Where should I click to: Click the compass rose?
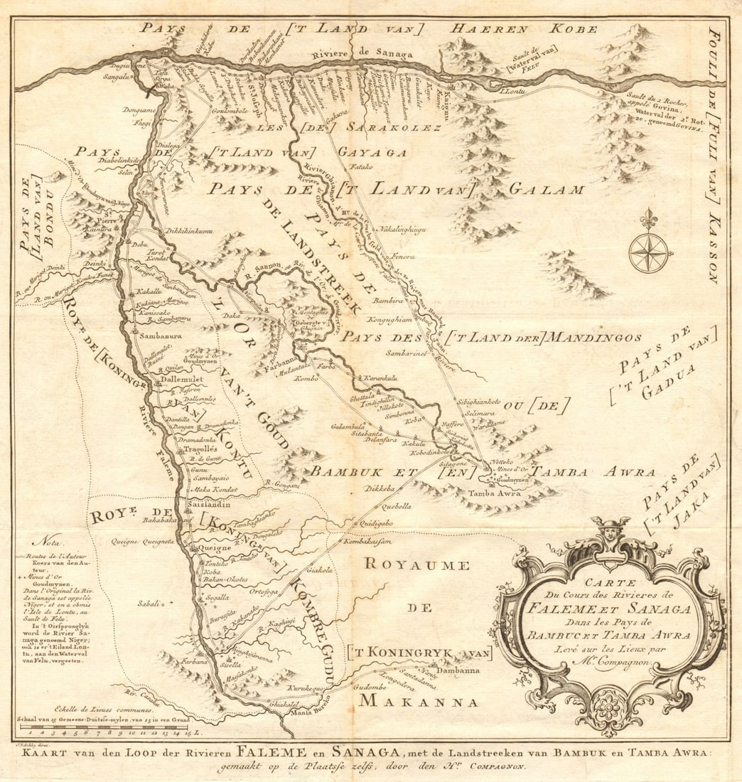[648, 253]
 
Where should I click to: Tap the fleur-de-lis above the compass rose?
[647, 220]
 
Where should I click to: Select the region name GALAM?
[547, 190]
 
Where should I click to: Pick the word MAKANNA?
[418, 702]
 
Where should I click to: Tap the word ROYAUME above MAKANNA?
[416, 566]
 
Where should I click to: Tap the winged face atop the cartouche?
[610, 531]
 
